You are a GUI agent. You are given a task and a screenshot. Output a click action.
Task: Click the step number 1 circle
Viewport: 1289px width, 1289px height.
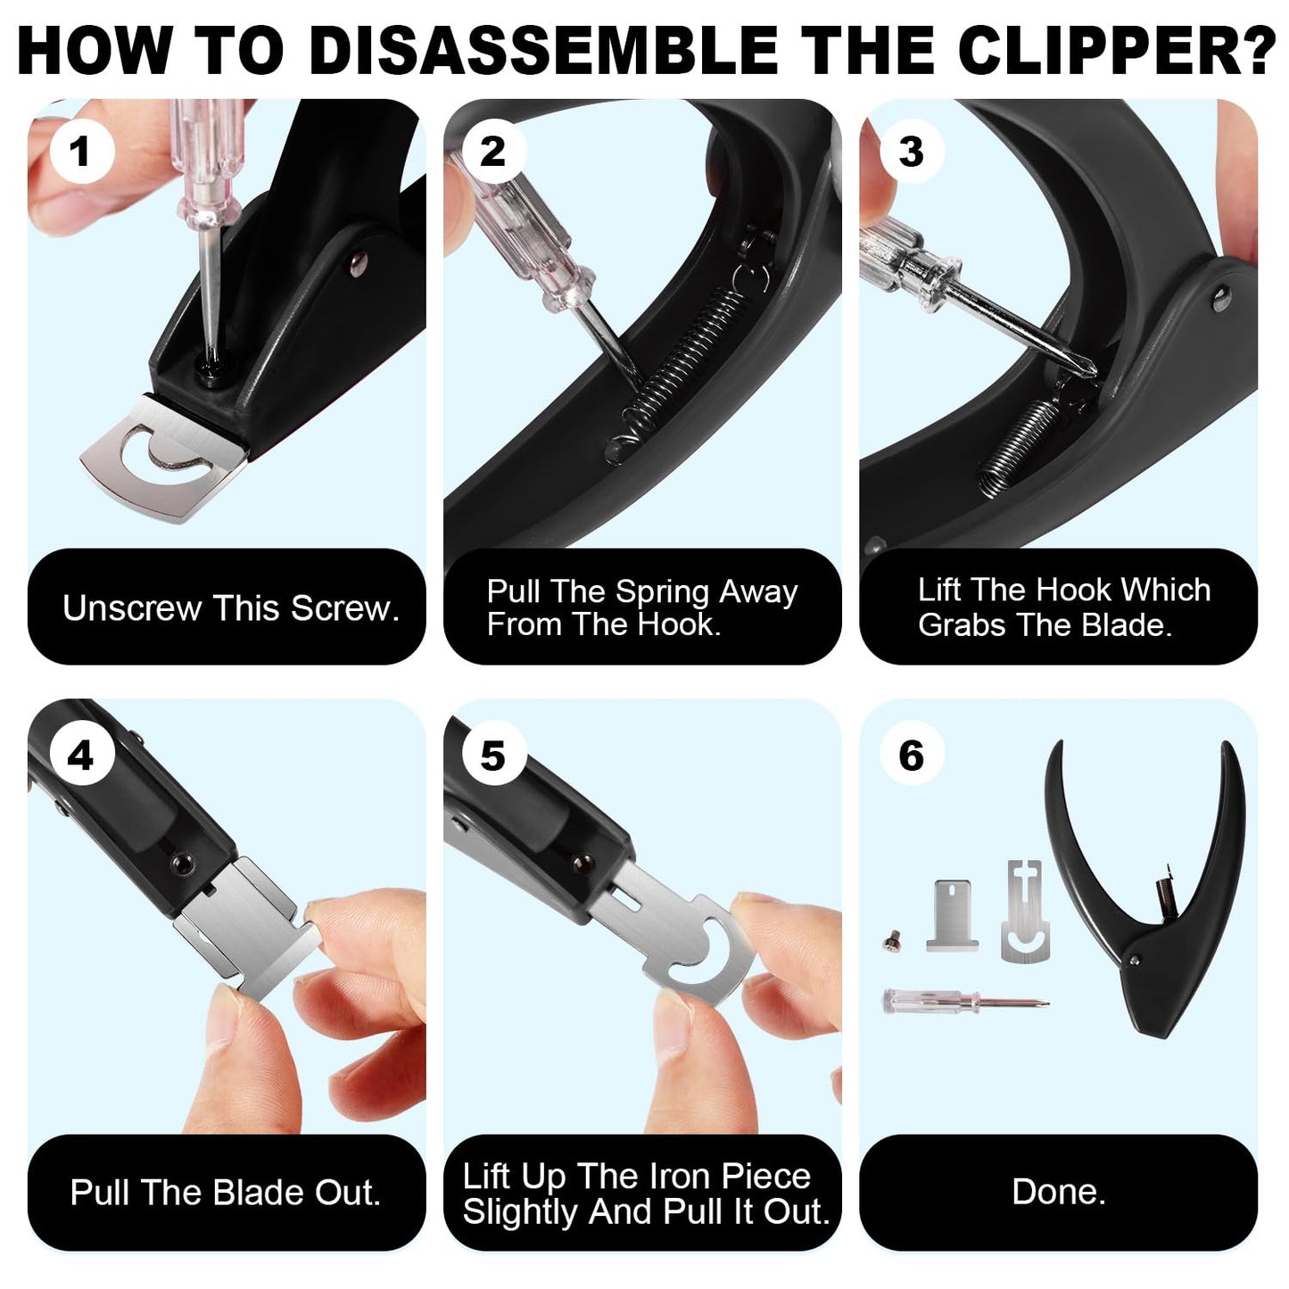coord(81,151)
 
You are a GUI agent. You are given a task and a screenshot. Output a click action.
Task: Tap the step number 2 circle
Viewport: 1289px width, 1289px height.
coord(492,151)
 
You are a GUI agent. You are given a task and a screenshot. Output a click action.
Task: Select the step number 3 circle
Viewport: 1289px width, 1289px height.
coord(911,151)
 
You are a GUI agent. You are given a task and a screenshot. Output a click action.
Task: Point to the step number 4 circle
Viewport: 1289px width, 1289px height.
coord(81,756)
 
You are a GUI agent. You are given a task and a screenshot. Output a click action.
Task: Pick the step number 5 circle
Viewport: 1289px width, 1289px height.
coord(492,756)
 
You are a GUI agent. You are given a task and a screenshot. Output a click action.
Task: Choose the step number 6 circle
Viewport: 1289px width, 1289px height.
coord(911,756)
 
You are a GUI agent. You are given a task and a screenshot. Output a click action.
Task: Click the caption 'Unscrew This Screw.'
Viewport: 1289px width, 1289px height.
coord(230,608)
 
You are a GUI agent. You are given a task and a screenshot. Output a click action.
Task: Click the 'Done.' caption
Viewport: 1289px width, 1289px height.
coord(1059,1192)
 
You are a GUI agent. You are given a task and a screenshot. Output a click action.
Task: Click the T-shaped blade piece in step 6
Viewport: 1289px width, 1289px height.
coord(952,915)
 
